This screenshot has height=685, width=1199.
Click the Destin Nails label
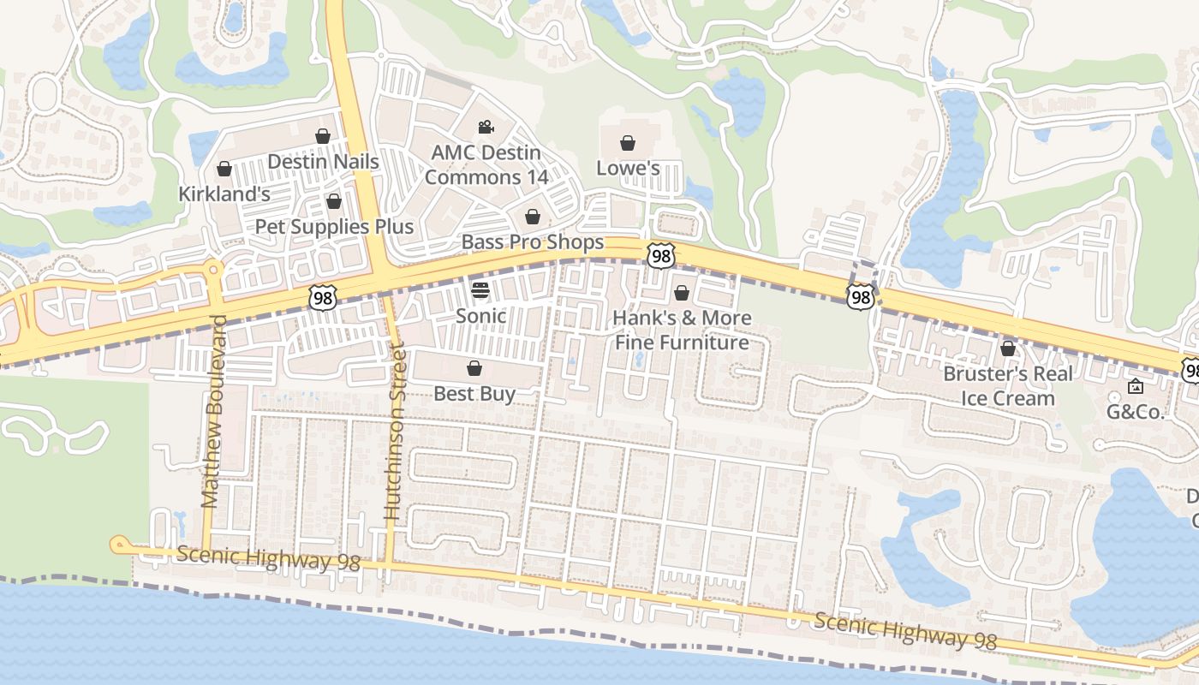(323, 162)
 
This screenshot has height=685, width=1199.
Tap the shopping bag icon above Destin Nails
(323, 136)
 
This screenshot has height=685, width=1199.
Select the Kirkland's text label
(224, 194)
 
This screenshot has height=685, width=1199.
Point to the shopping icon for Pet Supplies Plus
(334, 201)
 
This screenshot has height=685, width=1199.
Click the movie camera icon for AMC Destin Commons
(486, 128)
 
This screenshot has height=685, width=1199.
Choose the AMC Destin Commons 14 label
(486, 165)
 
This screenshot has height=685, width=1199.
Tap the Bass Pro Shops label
(533, 242)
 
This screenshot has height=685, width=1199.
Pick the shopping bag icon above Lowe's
(628, 143)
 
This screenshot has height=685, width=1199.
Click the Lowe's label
(628, 169)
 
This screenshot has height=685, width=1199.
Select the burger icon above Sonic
(480, 289)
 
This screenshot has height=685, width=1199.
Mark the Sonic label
(480, 316)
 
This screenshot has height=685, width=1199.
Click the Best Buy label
(474, 394)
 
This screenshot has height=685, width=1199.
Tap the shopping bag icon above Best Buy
(474, 368)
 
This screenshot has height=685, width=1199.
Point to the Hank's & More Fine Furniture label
(682, 331)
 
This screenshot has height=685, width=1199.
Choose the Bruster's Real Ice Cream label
(1008, 386)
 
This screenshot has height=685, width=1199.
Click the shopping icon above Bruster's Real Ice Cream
(1008, 348)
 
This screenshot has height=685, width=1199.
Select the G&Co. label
(1136, 412)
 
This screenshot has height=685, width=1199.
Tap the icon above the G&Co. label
(1136, 386)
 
